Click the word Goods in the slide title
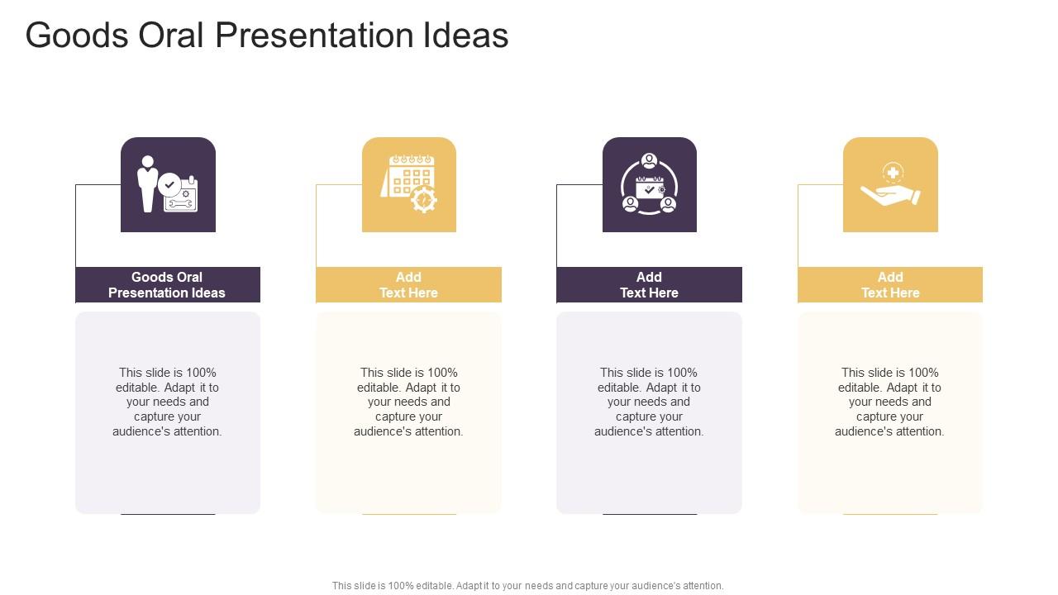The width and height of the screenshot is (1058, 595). [x=77, y=36]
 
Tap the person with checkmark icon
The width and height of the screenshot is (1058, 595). [x=168, y=184]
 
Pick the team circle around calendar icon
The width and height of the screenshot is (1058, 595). [x=650, y=184]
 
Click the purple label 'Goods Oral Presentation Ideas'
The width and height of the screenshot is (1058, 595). [x=167, y=284]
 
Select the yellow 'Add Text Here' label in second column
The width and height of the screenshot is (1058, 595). [x=408, y=284]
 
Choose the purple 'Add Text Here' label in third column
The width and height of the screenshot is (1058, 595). [x=649, y=284]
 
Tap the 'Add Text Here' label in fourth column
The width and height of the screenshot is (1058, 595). [x=890, y=284]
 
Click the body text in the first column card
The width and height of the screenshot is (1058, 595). [x=167, y=402]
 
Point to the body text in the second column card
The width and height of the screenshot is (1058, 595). [x=408, y=402]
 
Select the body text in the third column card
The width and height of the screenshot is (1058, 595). [x=649, y=402]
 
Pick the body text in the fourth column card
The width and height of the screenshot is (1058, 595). [x=889, y=402]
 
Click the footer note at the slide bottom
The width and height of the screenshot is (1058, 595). [x=527, y=586]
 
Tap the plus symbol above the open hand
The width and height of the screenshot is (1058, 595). [x=893, y=173]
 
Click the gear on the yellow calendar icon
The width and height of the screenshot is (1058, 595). [x=424, y=199]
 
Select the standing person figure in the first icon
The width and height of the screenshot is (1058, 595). [x=148, y=183]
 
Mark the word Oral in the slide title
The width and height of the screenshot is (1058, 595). [x=170, y=36]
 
